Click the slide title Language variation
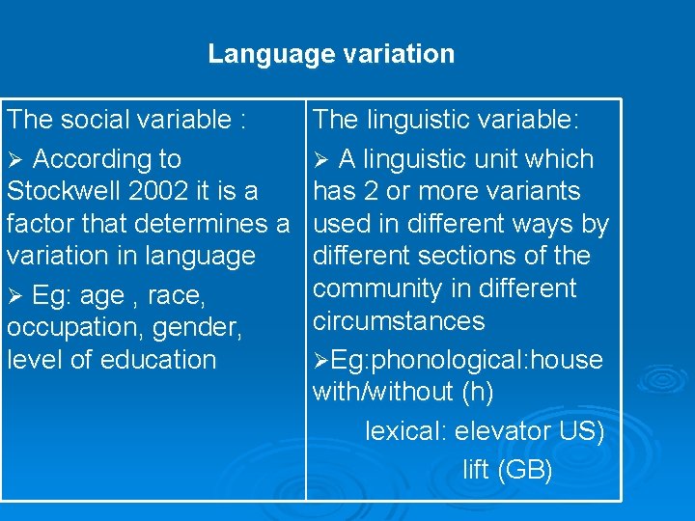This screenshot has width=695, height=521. [331, 54]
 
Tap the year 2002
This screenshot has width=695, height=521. [168, 191]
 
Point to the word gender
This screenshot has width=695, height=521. [201, 326]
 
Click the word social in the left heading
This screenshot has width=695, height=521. [95, 120]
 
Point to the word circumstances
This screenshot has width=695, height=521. [399, 320]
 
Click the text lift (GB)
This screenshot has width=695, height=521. [507, 470]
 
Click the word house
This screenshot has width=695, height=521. [569, 360]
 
